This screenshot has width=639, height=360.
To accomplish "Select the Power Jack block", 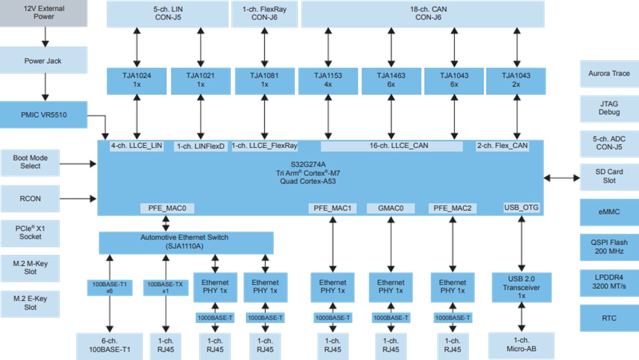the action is pos(43,61).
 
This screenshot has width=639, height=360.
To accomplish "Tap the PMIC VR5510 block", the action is pos(43,115).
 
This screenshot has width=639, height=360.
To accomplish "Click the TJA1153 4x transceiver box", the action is pos(328,81).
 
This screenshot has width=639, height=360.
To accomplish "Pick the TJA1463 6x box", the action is pos(391,81).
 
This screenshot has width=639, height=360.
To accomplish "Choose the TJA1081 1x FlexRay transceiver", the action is pos(264,81).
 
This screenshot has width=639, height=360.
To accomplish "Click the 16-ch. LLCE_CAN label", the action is pos(391,146).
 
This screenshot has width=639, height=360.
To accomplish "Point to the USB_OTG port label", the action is pos(521,207).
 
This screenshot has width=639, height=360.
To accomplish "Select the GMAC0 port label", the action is pos(390,208).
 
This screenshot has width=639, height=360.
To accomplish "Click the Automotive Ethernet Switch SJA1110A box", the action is pos(186,242).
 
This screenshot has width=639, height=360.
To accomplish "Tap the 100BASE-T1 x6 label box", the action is pos(109,287).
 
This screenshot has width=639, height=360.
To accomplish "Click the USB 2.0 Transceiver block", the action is pos(521,287).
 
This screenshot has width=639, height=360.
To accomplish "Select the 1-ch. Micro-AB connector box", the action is pos(521,345).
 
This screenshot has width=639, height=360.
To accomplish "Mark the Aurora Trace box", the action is pos(609,73).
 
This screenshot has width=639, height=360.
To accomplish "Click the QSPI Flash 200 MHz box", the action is pos(609,246).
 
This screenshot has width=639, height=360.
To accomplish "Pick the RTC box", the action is pos(609,318).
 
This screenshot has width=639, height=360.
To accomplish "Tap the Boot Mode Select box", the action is pos(31,162).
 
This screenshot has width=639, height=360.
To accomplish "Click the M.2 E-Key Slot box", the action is pos(30,303).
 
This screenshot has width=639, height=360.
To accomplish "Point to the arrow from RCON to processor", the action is pos(79,198).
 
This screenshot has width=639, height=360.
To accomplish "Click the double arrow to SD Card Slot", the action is pos(561,176).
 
